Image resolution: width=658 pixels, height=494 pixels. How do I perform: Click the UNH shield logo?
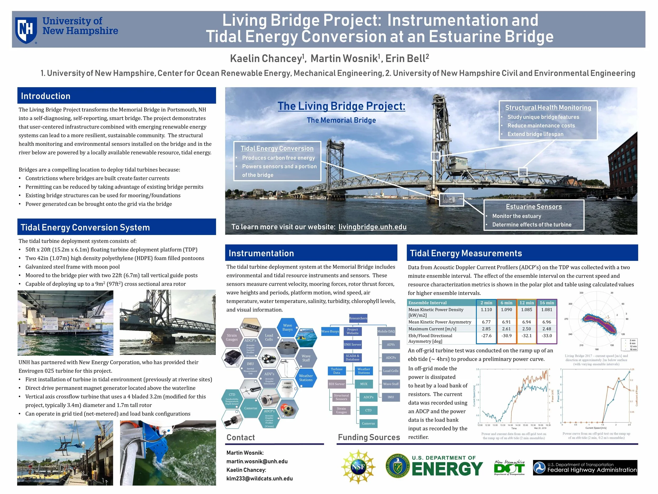pyautogui.click(x=26, y=30)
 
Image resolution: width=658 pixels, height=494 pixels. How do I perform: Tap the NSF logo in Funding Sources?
pyautogui.click(x=358, y=467)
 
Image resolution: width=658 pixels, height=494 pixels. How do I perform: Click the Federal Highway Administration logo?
pyautogui.click(x=585, y=467)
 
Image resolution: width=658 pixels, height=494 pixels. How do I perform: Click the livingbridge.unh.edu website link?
pyautogui.click(x=372, y=227)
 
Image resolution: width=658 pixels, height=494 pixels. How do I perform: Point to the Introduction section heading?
pyautogui.click(x=46, y=96)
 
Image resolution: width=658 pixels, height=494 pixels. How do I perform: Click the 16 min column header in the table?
pyautogui.click(x=547, y=302)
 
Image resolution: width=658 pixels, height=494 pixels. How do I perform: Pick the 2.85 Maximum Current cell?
pyautogui.click(x=486, y=329)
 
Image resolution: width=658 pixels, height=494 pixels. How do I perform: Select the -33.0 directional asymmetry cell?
pyautogui.click(x=547, y=336)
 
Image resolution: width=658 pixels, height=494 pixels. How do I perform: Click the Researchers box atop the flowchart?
pyautogui.click(x=358, y=318)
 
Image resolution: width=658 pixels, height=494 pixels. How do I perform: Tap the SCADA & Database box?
pyautogui.click(x=352, y=358)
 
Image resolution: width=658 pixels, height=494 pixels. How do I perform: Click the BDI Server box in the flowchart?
pyautogui.click(x=336, y=384)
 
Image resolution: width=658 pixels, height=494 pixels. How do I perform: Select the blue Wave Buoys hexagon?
pyautogui.click(x=287, y=327)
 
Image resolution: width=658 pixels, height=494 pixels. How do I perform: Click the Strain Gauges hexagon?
pyautogui.click(x=232, y=338)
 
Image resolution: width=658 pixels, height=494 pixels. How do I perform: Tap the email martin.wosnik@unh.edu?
pyautogui.click(x=257, y=461)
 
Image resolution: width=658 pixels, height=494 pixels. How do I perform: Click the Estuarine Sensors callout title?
pyautogui.click(x=534, y=207)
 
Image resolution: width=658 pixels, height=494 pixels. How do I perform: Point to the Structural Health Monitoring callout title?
pyautogui.click(x=548, y=107)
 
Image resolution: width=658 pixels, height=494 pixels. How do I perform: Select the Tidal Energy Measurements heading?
pyautogui.click(x=466, y=253)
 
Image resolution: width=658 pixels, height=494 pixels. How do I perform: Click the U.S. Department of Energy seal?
pyautogui.click(x=397, y=466)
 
